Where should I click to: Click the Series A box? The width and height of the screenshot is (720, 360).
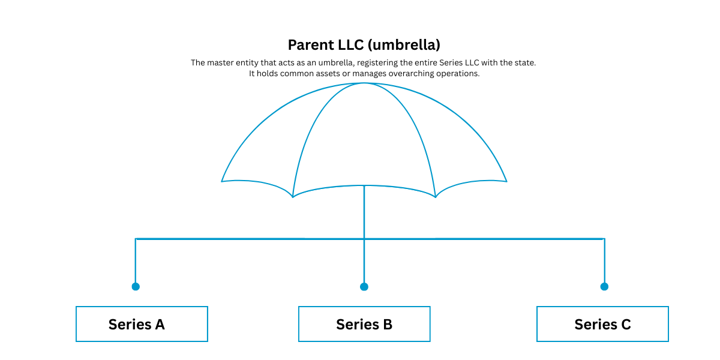142,323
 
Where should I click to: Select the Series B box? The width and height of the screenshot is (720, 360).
364,323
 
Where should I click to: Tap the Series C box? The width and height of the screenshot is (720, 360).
602,323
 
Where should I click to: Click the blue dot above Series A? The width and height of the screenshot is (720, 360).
136,286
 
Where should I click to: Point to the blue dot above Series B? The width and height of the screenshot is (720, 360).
364,286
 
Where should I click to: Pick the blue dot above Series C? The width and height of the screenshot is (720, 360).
604,286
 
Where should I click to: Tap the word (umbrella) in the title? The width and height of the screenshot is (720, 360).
404,45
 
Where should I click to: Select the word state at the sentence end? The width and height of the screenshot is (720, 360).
526,62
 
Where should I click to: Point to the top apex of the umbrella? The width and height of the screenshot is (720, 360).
364,83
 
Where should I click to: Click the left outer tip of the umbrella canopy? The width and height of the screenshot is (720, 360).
221,182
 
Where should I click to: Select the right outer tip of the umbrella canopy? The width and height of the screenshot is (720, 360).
507,182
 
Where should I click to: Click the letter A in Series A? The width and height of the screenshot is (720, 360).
160,325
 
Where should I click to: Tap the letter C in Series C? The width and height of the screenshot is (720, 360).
626,325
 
